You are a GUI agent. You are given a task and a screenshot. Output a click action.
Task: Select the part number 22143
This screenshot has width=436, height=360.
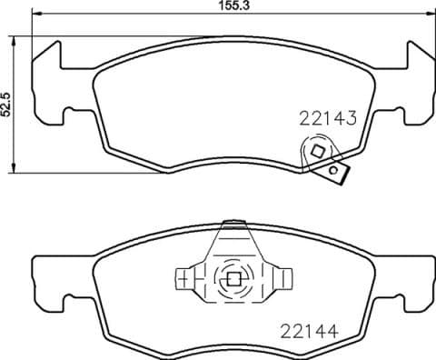[x=326, y=116]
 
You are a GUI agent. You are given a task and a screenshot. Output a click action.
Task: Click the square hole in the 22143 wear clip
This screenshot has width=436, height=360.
[x=317, y=152]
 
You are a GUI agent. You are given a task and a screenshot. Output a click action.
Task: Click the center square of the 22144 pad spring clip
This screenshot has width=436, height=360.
[x=232, y=280]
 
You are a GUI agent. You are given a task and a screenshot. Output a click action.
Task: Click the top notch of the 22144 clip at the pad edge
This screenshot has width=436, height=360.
[x=232, y=225]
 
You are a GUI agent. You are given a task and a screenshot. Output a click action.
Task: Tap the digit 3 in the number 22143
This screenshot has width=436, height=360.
[x=347, y=116]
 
